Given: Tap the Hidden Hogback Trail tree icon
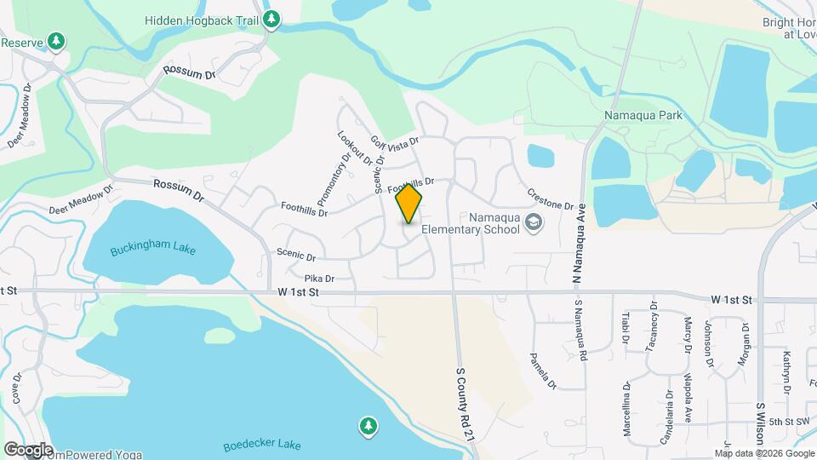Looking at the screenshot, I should [271, 19].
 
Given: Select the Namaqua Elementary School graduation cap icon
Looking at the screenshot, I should [534, 223].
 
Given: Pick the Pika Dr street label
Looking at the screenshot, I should [319, 279].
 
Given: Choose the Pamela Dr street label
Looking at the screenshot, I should [543, 371].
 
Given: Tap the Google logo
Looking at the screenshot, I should [28, 449].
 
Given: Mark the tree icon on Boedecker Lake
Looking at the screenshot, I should [368, 424].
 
